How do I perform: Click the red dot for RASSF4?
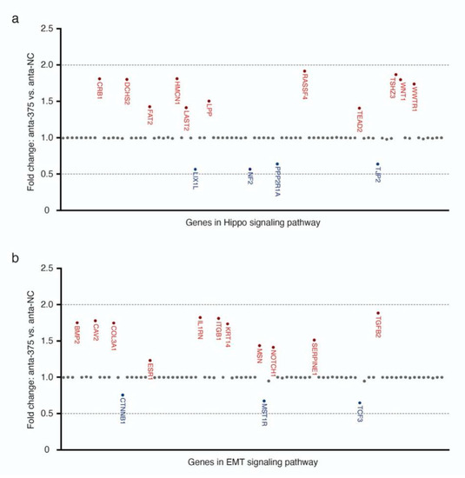(303, 71)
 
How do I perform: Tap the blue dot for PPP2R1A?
(277, 164)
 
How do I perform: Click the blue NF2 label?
(250, 179)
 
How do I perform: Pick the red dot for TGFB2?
(378, 313)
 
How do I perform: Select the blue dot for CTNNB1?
(122, 395)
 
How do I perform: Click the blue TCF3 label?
(361, 414)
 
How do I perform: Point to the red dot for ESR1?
(149, 361)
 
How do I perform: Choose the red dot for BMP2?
(76, 323)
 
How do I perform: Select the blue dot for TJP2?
(377, 163)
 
